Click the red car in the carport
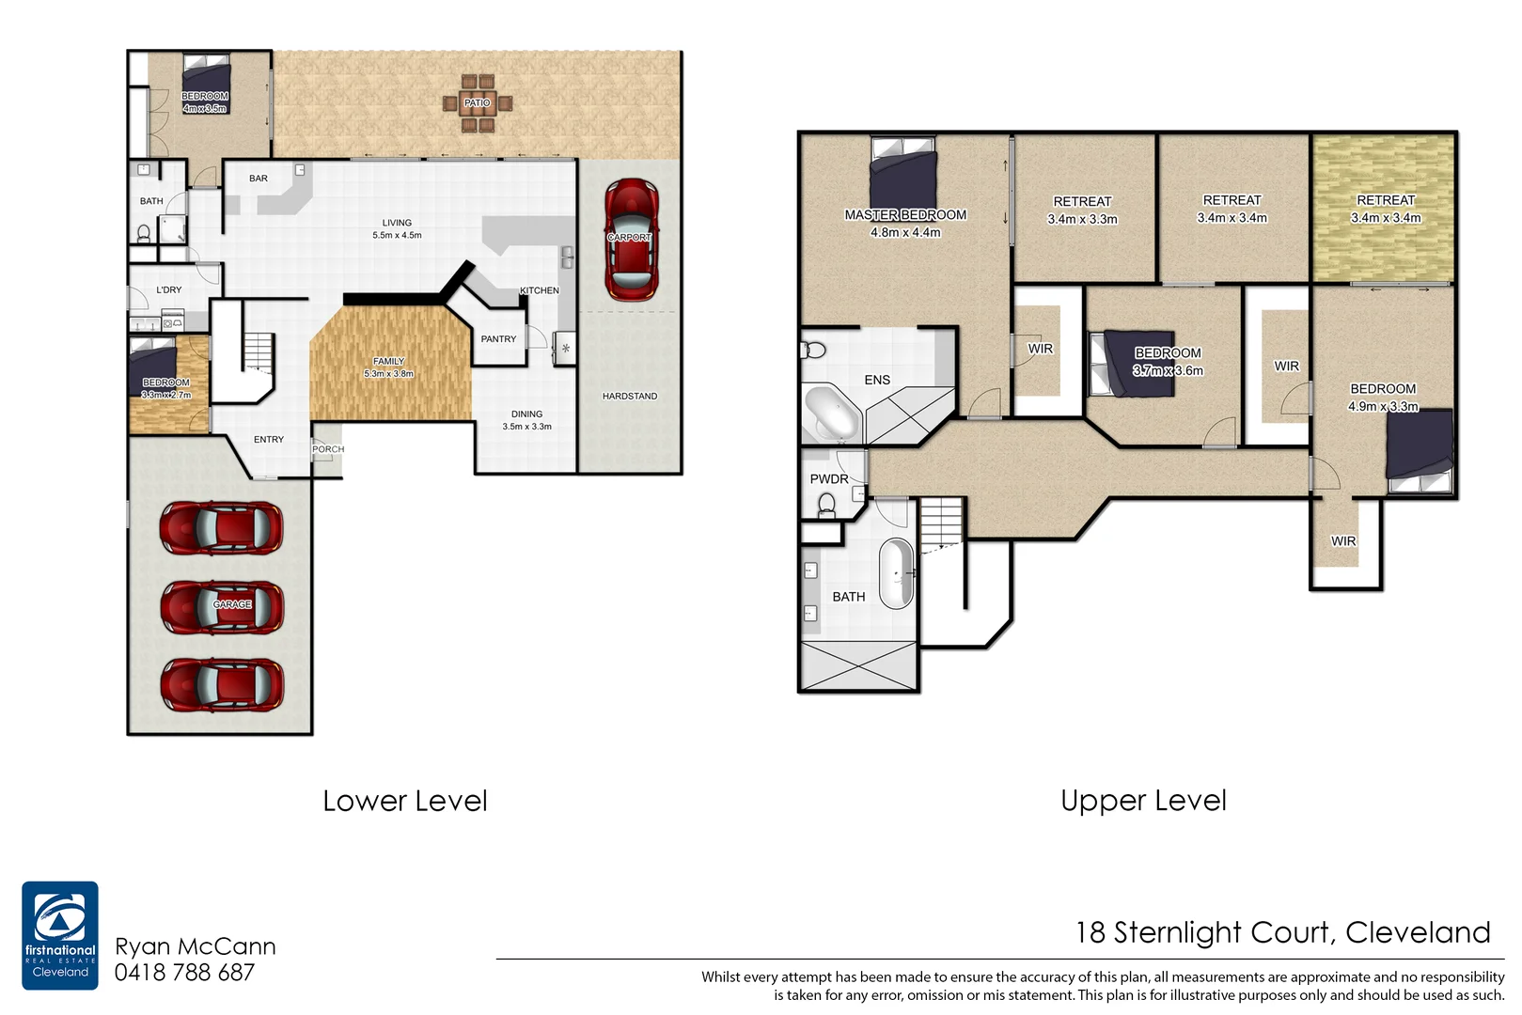click(x=631, y=240)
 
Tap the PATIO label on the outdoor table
click(x=477, y=102)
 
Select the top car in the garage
click(x=221, y=527)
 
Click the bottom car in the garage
click(x=221, y=684)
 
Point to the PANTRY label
click(x=498, y=339)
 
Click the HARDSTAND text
click(x=630, y=397)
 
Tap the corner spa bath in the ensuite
click(x=831, y=414)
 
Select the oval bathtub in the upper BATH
click(x=896, y=573)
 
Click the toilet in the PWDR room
click(x=827, y=506)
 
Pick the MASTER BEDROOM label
click(x=905, y=215)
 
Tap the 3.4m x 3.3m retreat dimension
click(x=1082, y=220)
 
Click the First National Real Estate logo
click(x=60, y=934)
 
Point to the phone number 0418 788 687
click(x=184, y=974)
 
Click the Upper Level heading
click(x=1143, y=801)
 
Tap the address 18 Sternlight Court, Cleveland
click(x=1282, y=932)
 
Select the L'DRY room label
click(x=169, y=290)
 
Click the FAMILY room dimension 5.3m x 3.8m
click(x=388, y=374)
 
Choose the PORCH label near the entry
click(x=328, y=449)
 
